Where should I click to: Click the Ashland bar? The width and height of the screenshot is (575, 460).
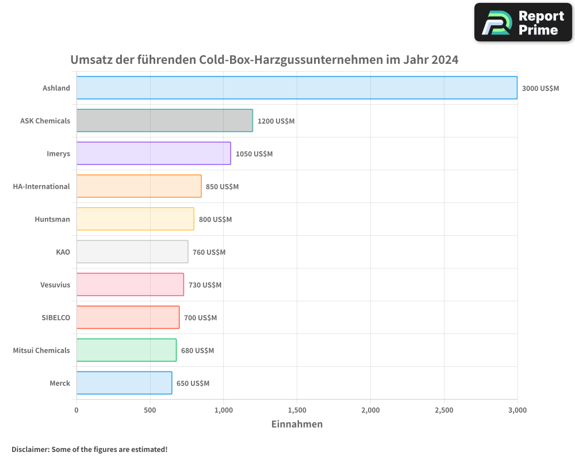(x=297, y=87)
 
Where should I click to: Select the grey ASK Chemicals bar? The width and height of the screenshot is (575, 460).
(x=164, y=120)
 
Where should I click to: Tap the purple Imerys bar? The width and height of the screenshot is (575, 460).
(x=154, y=153)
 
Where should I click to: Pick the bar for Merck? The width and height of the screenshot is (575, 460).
(x=124, y=382)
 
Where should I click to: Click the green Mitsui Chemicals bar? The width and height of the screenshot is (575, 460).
(x=126, y=350)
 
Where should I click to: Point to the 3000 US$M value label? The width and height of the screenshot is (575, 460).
(x=540, y=88)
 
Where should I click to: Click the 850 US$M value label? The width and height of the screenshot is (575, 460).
(x=222, y=186)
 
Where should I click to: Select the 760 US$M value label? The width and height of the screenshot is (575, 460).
(x=209, y=252)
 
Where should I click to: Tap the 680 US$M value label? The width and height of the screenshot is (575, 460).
(x=197, y=350)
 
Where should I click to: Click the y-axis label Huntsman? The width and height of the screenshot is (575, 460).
(x=52, y=219)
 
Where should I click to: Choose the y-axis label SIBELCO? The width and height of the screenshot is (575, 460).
(x=56, y=317)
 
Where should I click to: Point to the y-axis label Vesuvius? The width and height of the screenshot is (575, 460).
(x=55, y=285)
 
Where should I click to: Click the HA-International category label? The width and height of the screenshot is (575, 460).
(x=41, y=186)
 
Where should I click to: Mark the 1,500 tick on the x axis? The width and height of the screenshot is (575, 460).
(x=297, y=410)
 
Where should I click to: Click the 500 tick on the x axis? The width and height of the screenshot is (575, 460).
(x=150, y=410)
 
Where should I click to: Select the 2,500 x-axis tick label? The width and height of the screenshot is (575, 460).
(x=444, y=410)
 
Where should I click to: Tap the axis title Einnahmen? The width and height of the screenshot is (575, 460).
(x=297, y=424)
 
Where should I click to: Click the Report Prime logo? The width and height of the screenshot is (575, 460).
(x=523, y=22)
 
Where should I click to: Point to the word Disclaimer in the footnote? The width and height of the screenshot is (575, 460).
(x=30, y=449)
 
